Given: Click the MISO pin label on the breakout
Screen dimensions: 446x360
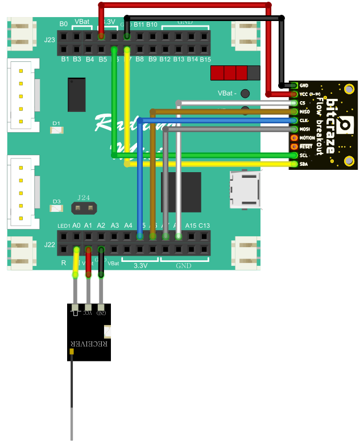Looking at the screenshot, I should tap(304, 112).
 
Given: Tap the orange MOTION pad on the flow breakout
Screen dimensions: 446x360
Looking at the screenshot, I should tap(294, 137).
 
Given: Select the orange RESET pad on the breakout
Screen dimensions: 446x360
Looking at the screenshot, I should tap(294, 147).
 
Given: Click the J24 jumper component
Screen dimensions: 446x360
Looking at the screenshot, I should tap(84, 209).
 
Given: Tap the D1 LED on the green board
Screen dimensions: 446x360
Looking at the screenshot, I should tap(56, 130).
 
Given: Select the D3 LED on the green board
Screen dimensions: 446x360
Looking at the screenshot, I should tap(56, 209).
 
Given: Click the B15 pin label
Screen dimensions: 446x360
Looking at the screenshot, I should tap(205, 59).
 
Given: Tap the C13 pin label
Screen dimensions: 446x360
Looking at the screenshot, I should tap(204, 226).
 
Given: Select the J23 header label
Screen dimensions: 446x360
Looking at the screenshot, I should tap(50, 40).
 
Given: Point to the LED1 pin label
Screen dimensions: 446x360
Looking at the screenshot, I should tap(64, 226).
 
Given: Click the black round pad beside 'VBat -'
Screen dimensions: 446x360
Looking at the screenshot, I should tap(245, 93).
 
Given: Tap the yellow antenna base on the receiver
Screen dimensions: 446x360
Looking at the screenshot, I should tap(71, 353).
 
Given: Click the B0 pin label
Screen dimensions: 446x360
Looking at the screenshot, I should tap(64, 24).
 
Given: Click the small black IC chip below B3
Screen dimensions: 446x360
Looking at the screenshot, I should tap(76, 94).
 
